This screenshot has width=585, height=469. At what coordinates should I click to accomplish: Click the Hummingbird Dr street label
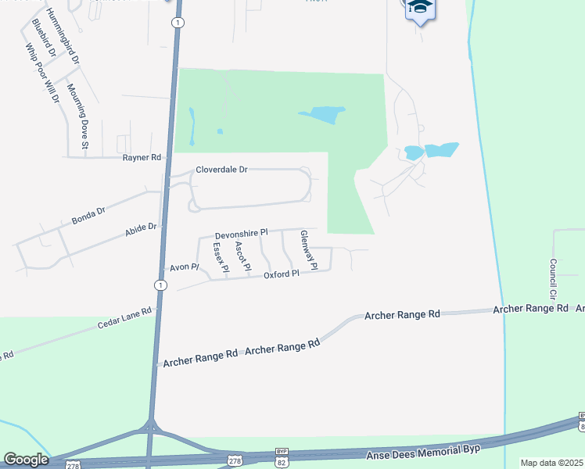[x=63, y=36]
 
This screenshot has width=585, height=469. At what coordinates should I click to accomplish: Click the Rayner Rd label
[x=142, y=158]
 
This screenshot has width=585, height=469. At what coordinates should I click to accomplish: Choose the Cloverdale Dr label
[x=221, y=169]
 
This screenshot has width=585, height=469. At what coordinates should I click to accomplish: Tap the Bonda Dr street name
[x=88, y=213]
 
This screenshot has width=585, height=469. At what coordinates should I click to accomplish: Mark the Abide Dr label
[x=142, y=229]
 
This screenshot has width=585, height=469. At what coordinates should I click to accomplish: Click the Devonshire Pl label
[x=242, y=233]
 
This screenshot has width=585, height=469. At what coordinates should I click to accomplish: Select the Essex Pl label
[x=220, y=257]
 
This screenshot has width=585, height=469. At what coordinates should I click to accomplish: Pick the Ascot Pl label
[x=242, y=256]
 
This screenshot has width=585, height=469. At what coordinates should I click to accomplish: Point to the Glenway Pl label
[x=308, y=250]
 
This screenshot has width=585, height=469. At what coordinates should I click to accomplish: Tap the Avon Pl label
[x=185, y=267]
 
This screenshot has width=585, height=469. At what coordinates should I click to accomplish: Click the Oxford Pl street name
[x=282, y=275]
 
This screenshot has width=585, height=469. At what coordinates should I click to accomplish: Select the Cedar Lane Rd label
[x=124, y=317]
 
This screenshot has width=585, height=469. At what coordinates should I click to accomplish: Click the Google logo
[x=26, y=460]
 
